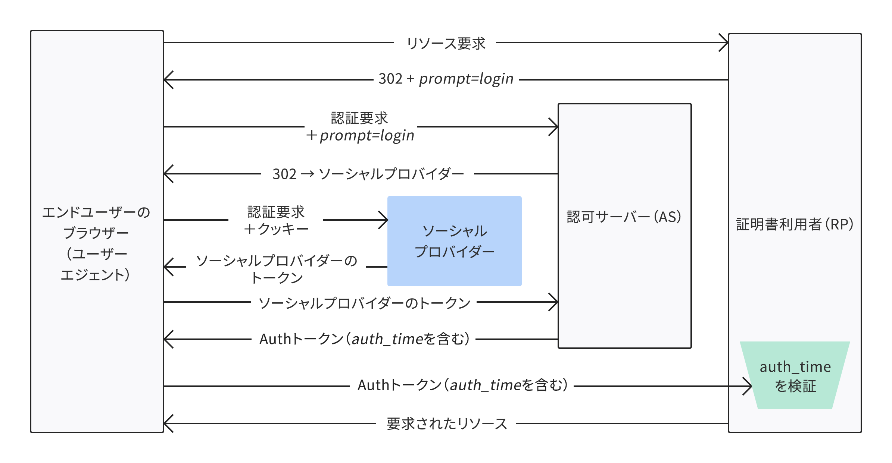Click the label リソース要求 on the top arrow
[x=446, y=44]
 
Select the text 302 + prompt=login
[x=446, y=79]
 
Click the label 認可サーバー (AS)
[x=624, y=217]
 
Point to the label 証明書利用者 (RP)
[x=794, y=224]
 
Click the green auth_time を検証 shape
[x=795, y=376]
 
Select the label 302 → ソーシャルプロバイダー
[x=368, y=174]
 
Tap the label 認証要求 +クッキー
[x=276, y=220]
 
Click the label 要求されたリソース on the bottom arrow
[x=446, y=424]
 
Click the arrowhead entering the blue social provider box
[x=385, y=220]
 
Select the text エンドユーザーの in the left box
[x=96, y=212]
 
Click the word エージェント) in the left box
[x=95, y=275]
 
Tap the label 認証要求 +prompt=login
[x=360, y=127]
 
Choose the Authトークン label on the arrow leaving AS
[x=364, y=339]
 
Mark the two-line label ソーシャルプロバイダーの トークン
[x=276, y=268]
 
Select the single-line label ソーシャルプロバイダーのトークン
[x=364, y=303]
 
